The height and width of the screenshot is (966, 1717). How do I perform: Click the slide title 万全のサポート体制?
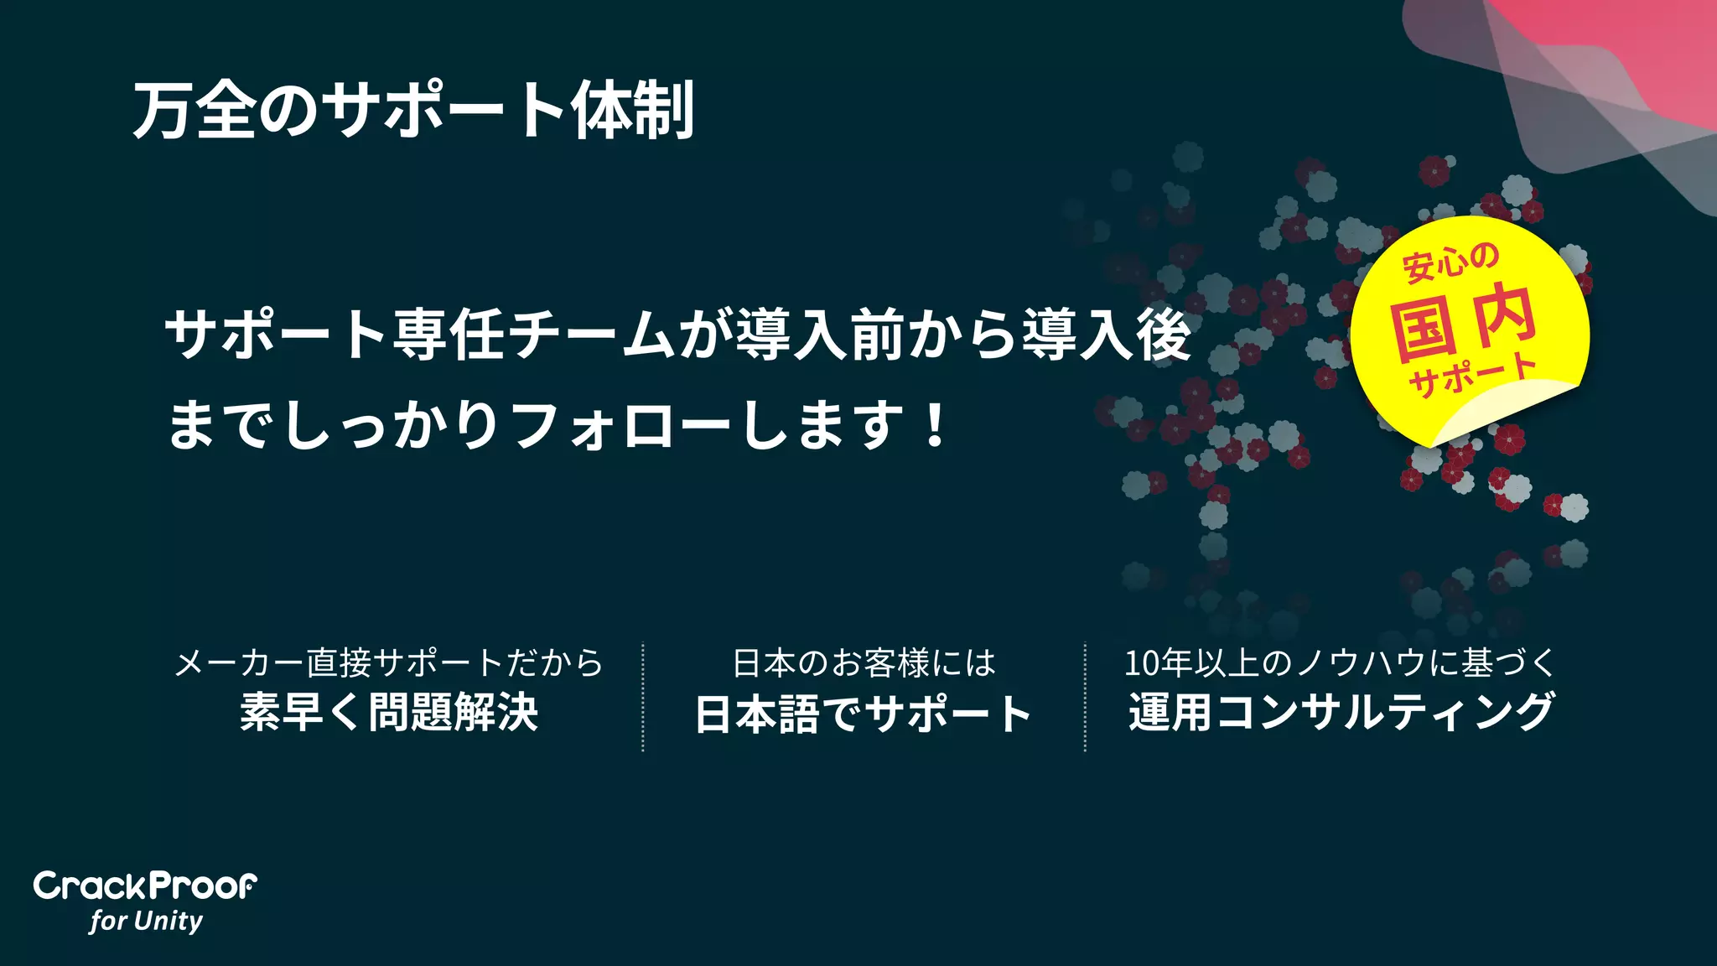(413, 110)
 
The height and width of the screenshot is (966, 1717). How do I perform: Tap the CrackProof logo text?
(145, 886)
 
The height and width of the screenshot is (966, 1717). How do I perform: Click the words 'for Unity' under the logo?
(147, 921)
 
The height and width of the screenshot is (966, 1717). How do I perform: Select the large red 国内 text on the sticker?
(1463, 323)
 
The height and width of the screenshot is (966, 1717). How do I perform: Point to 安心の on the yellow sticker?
(1450, 262)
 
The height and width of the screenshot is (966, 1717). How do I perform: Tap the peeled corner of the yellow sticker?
(1501, 411)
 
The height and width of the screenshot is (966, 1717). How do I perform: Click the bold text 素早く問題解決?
(389, 712)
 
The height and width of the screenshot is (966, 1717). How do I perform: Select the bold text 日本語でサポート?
(864, 714)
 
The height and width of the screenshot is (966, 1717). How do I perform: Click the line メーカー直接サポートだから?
(389, 662)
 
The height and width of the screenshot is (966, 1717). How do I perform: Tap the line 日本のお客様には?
(864, 663)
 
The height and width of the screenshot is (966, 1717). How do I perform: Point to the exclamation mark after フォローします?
(935, 425)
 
